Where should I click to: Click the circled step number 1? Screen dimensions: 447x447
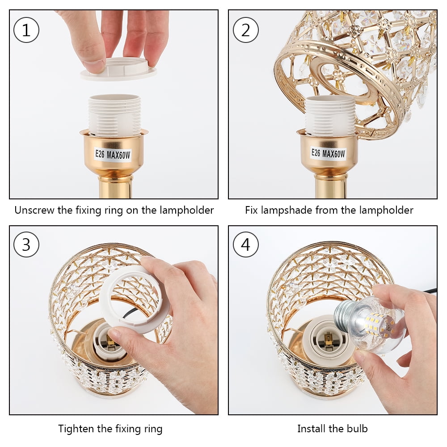tap(26, 30)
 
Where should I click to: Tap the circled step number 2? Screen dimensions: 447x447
tap(245, 30)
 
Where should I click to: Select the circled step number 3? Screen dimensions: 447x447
tap(26, 245)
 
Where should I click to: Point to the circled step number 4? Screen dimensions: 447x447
tap(245, 245)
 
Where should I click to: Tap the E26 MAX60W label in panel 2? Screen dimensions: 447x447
tap(328, 154)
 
